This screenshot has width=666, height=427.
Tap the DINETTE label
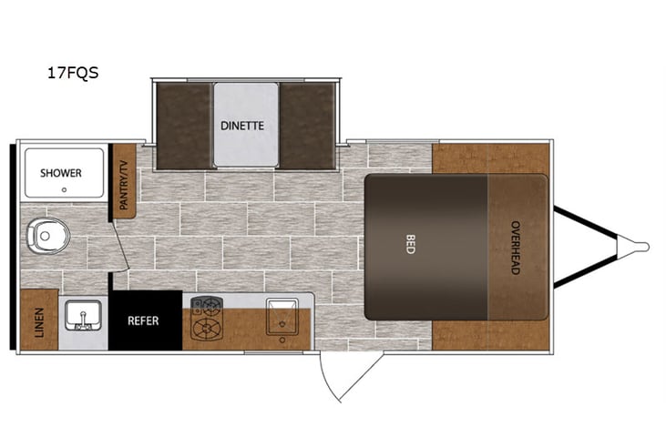point(242,126)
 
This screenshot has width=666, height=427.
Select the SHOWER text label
point(60,173)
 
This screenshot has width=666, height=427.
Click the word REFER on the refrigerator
point(144,320)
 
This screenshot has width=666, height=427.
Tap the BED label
point(410,245)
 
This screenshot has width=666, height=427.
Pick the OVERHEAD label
point(515,248)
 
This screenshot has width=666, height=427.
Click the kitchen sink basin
point(281,314)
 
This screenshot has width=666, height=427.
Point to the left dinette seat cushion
point(185,126)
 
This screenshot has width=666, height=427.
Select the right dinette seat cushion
point(307,126)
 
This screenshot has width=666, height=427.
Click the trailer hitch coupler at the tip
point(637,246)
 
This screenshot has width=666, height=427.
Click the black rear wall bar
point(13,246)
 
